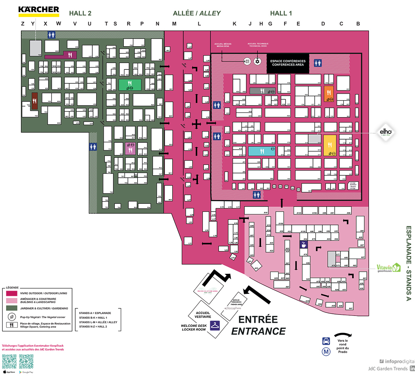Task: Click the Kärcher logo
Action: pyautogui.click(x=39, y=11)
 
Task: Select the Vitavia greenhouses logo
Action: pyautogui.click(x=389, y=268)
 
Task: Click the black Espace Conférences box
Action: pyautogui.click(x=288, y=63)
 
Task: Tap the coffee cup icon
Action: pyautogui.click(x=303, y=245)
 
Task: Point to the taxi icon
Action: pyautogui.click(x=326, y=341)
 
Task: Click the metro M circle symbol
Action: pyautogui.click(x=326, y=352)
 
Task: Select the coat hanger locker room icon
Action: pyautogui.click(x=215, y=326)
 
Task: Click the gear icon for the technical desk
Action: pyautogui.click(x=257, y=61)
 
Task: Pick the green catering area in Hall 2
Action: pyautogui.click(x=130, y=85)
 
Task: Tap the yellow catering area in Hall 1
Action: pyautogui.click(x=330, y=145)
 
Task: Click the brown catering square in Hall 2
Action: pyautogui.click(x=35, y=100)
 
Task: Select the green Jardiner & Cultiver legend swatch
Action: pyautogui.click(x=11, y=308)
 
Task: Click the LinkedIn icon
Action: pyautogui.click(x=412, y=369)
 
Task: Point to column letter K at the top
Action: pyautogui.click(x=235, y=24)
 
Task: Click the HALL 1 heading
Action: pyautogui.click(x=281, y=14)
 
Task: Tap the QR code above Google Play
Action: pyautogui.click(x=26, y=361)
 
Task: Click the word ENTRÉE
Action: pyautogui.click(x=258, y=319)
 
